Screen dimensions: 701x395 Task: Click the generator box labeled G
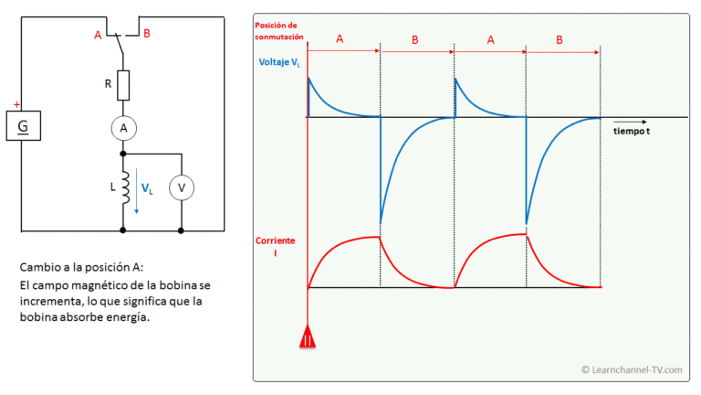pyautogui.click(x=23, y=126)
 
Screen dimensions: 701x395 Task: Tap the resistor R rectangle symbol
pyautogui.click(x=123, y=85)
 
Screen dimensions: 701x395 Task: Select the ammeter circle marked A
pyautogui.click(x=124, y=129)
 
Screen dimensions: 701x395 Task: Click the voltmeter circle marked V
pyautogui.click(x=182, y=187)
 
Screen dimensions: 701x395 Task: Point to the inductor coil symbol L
pyautogui.click(x=125, y=187)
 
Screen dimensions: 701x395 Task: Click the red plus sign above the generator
pyautogui.click(x=16, y=105)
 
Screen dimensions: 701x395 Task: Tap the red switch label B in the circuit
pyautogui.click(x=147, y=34)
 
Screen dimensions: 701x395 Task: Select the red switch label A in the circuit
pyautogui.click(x=98, y=35)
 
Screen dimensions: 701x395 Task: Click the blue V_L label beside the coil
pyautogui.click(x=147, y=188)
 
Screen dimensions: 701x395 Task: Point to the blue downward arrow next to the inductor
pyautogui.click(x=137, y=191)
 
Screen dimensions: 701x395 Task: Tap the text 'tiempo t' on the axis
pyautogui.click(x=632, y=132)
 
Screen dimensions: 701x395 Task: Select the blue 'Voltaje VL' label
pyautogui.click(x=279, y=63)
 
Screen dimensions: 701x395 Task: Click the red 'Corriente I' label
pyautogui.click(x=275, y=247)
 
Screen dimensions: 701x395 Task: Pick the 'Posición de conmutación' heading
pyautogui.click(x=279, y=31)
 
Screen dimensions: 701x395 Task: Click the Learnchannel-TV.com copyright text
pyautogui.click(x=632, y=370)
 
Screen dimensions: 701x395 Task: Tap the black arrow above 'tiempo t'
pyautogui.click(x=630, y=122)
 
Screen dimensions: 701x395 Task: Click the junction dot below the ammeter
pyautogui.click(x=123, y=154)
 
